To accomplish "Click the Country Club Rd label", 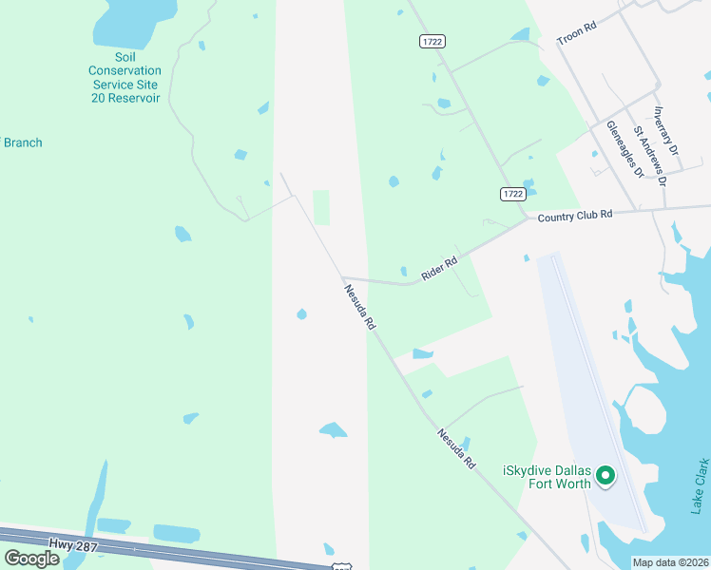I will click(x=574, y=217).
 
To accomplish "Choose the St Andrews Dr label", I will click(x=651, y=155).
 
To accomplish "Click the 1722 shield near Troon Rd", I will click(x=432, y=41).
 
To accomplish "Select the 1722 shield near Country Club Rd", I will click(x=512, y=194).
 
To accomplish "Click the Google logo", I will click(x=31, y=559).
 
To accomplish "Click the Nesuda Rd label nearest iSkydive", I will click(x=455, y=449).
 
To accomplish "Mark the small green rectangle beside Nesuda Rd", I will click(x=321, y=207).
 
